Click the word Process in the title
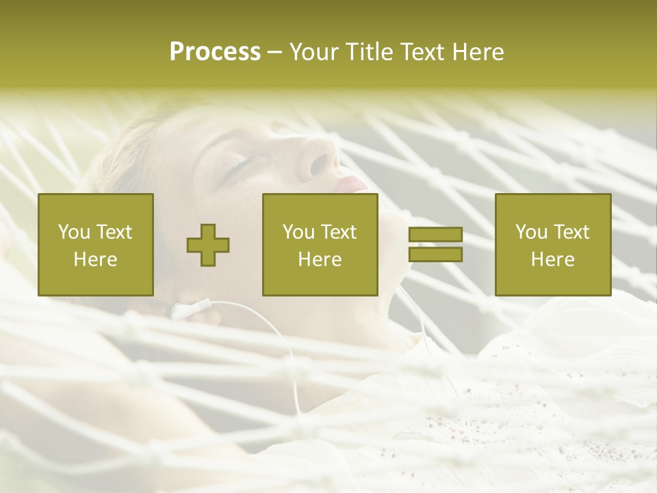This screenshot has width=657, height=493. [x=215, y=52]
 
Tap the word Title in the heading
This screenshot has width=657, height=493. [x=366, y=52]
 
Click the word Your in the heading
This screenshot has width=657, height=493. [x=312, y=52]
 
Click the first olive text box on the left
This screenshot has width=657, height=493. [x=95, y=244]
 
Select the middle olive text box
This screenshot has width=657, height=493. [x=320, y=244]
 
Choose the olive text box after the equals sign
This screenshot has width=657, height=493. [x=552, y=244]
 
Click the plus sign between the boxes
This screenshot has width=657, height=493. [x=208, y=244]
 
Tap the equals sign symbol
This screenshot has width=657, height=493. [x=435, y=244]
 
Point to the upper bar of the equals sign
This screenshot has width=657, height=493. [x=435, y=235]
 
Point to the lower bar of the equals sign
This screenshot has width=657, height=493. [x=435, y=254]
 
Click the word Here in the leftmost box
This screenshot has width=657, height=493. [x=95, y=260]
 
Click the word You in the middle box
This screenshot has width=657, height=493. [x=298, y=232]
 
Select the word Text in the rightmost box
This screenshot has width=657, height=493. [x=572, y=232]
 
